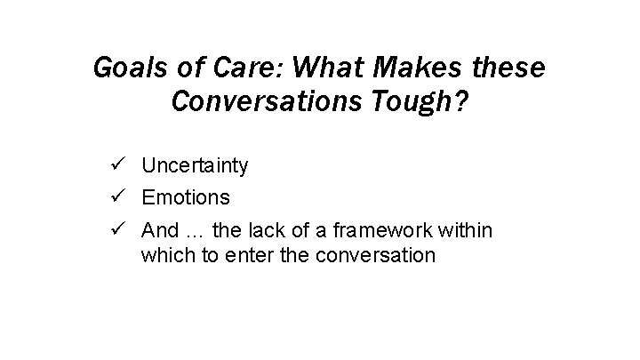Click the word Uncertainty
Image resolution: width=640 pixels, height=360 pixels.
pyautogui.click(x=195, y=165)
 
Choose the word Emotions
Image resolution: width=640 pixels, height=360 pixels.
pyautogui.click(x=185, y=196)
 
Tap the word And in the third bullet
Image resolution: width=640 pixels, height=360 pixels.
pyautogui.click(x=160, y=230)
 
